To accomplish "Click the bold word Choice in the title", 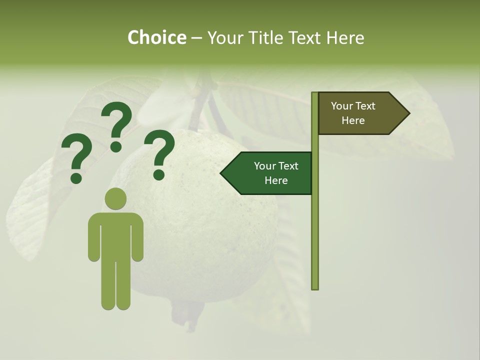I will point(156,38).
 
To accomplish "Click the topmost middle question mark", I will point(116,126).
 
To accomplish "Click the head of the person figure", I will point(116,199).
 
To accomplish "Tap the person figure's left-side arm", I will point(93,237).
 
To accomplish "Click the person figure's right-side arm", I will point(138,237).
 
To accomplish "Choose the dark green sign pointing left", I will point(270,173).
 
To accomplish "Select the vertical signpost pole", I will point(314,225).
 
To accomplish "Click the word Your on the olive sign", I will point(341,106).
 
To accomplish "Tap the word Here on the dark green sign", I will point(276,180).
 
